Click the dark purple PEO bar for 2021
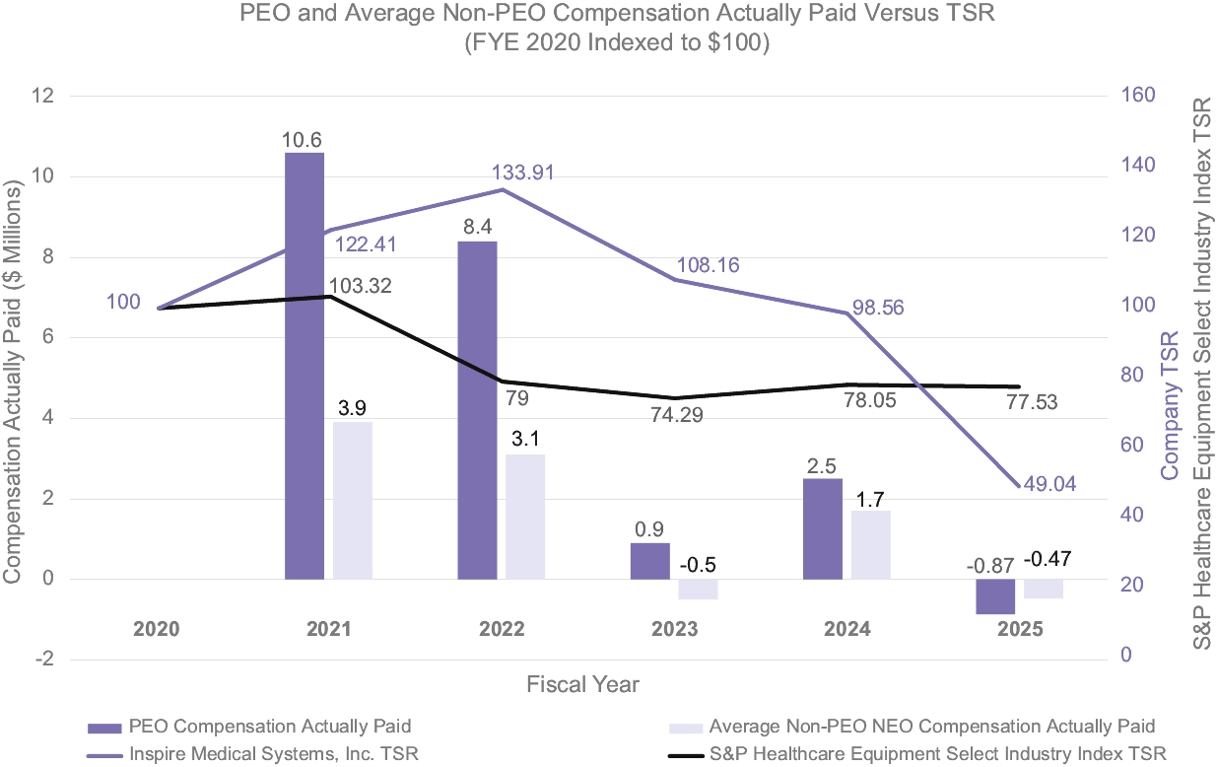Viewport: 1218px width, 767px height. tap(304, 366)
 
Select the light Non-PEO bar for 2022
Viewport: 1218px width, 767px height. tap(525, 517)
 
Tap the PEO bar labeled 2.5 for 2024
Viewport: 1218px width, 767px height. tap(822, 528)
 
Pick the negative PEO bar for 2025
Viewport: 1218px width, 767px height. tap(995, 596)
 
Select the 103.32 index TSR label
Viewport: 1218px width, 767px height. tap(362, 286)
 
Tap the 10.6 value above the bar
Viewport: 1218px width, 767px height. tap(304, 139)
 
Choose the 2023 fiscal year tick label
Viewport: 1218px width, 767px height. tap(673, 629)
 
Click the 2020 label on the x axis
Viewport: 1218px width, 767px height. tap(156, 629)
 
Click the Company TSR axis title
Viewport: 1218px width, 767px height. tap(1170, 404)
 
